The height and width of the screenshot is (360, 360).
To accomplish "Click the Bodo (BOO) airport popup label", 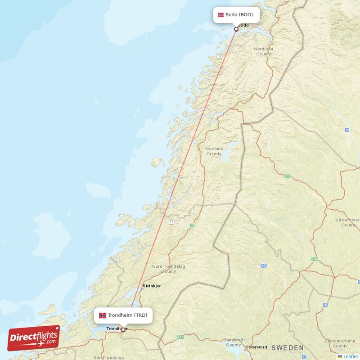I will (236, 15).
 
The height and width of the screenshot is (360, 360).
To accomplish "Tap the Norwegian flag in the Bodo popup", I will (220, 15).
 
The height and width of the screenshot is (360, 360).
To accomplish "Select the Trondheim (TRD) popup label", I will (123, 315).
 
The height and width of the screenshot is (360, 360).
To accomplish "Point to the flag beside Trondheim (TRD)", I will (103, 315).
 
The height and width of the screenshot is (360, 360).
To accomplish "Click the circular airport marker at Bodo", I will (236, 29).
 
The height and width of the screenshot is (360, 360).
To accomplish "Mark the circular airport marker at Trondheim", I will (123, 329).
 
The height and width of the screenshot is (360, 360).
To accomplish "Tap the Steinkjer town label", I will (152, 286).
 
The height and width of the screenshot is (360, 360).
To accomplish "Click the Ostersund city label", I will (256, 347).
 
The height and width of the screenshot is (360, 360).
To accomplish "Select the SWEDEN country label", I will (287, 348).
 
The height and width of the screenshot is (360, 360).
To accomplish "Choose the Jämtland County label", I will (234, 342).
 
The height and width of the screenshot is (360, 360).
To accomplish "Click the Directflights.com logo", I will (34, 337).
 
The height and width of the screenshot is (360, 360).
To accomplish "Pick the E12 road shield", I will (288, 176).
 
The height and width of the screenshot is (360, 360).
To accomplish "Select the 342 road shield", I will (264, 266).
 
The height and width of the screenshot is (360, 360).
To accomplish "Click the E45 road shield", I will (315, 259).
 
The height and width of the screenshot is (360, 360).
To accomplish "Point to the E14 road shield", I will (181, 336).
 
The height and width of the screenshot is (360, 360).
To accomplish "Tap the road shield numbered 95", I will (347, 130).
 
